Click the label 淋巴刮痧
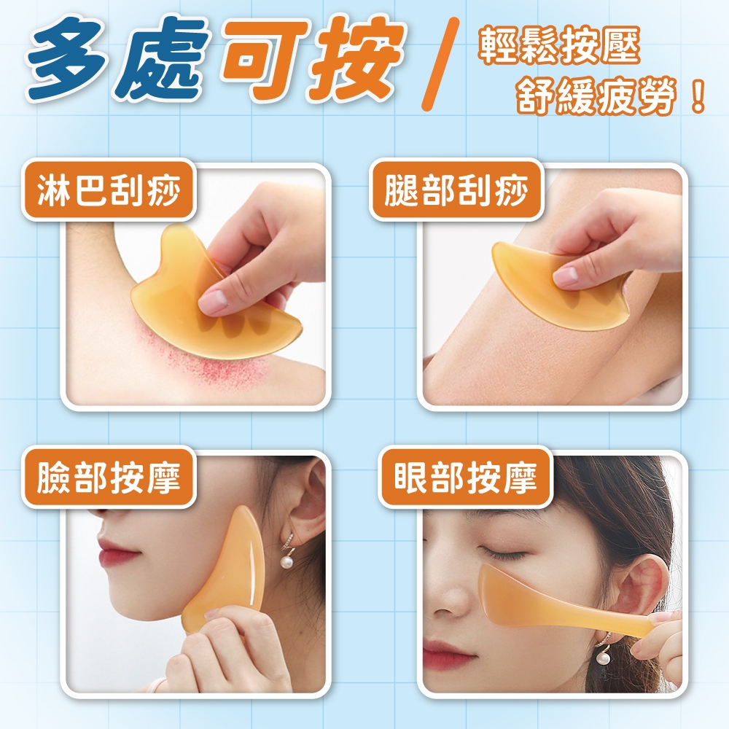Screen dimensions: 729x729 tap(109, 190)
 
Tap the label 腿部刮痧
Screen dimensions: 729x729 tap(456, 190)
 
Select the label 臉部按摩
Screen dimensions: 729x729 tap(109, 477)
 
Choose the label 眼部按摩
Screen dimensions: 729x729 tap(465, 477)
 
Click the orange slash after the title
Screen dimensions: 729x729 tap(440, 64)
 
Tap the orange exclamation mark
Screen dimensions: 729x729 tap(698, 96)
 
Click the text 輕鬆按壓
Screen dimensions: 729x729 tap(559, 45)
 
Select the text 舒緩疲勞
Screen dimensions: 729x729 tap(596, 96)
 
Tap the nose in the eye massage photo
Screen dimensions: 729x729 tap(445, 590)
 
